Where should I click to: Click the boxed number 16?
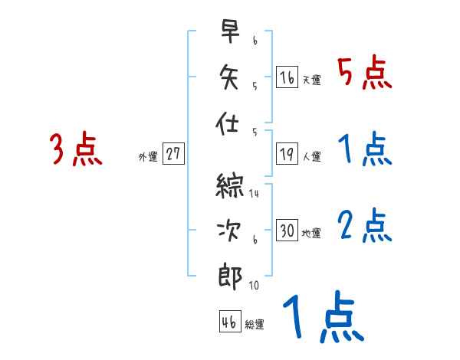[287, 77]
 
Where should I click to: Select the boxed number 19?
[287, 153]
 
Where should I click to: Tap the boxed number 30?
[287, 231]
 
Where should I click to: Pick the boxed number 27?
[173, 153]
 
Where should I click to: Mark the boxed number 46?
[229, 322]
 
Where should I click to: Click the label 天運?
[312, 80]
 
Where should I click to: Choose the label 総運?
[255, 325]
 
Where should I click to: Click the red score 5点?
[364, 73]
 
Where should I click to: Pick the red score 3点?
[76, 149]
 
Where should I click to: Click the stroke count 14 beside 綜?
[254, 194]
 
